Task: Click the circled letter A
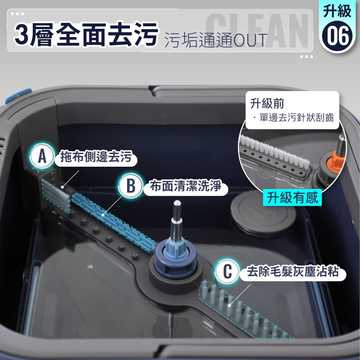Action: coord(42,157)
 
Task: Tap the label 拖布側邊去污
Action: coord(96,158)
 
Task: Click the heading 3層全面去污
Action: coord(86,35)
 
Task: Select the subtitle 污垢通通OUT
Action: coord(216,40)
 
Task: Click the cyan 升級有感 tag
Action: coord(292,198)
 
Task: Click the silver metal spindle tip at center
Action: coord(177,216)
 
